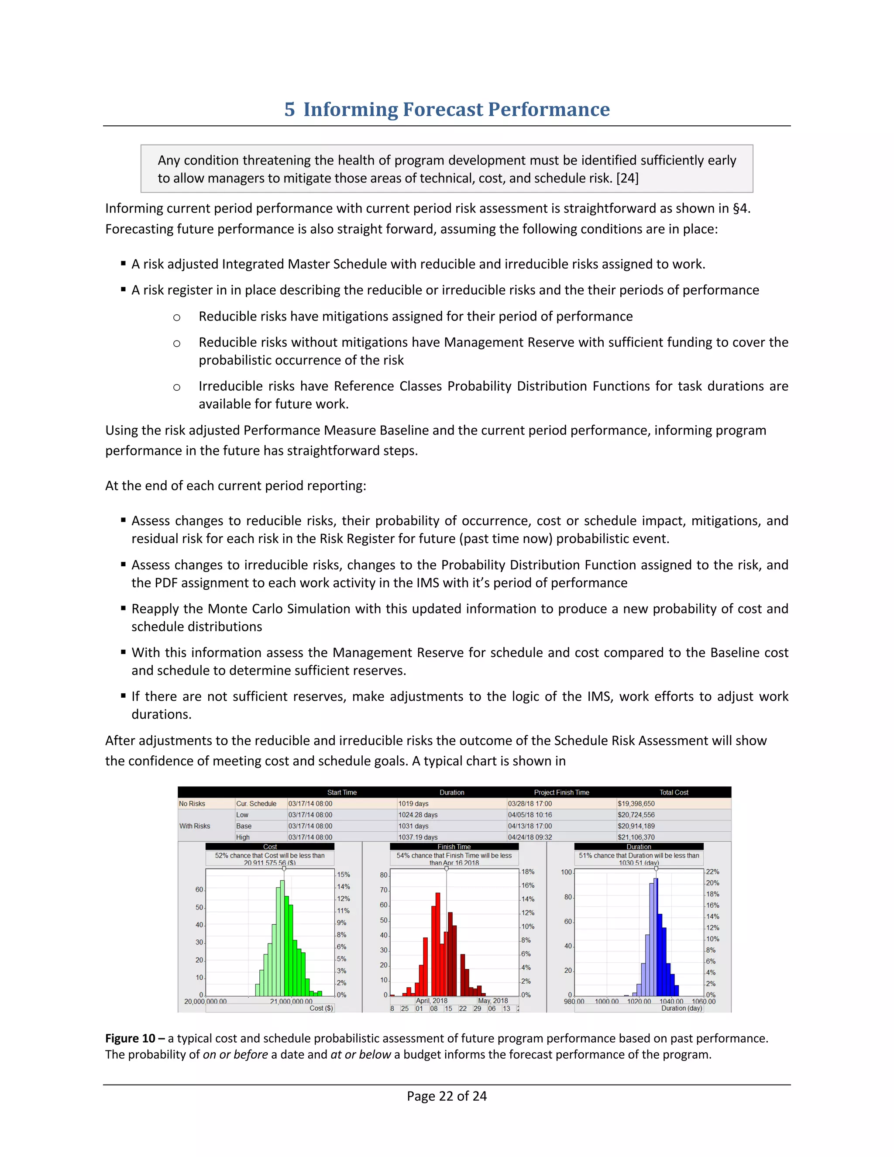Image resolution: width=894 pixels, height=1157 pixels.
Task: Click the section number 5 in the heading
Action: click(289, 109)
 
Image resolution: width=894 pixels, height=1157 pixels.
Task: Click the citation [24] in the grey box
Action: click(627, 179)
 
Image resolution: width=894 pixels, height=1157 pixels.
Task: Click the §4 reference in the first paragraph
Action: click(740, 208)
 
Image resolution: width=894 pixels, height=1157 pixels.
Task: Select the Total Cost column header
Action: click(673, 792)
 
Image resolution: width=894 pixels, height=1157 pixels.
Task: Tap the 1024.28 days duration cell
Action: click(417, 815)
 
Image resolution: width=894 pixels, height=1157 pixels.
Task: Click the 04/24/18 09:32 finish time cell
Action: click(530, 837)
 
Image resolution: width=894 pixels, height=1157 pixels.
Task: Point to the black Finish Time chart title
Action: click(454, 847)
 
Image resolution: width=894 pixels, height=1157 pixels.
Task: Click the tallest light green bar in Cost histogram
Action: click(282, 938)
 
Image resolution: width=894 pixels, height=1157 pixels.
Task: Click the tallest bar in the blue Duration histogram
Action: click(656, 937)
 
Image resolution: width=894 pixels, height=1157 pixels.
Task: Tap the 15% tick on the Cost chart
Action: click(343, 875)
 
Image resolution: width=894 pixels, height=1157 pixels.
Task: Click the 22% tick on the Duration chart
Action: click(712, 871)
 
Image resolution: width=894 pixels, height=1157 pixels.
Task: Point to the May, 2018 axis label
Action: click(492, 1001)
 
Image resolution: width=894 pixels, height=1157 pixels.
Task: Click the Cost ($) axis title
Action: click(321, 1008)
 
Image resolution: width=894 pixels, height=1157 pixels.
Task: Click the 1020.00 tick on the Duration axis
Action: click(639, 1002)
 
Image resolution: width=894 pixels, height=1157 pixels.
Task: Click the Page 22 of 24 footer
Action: click(447, 1096)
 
